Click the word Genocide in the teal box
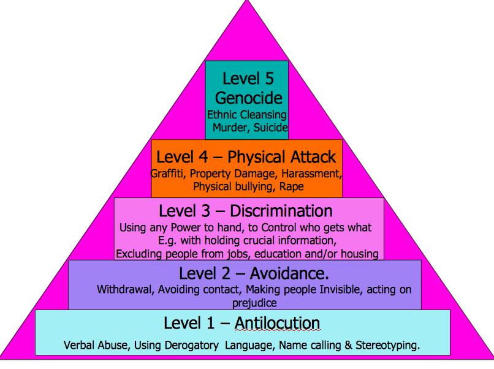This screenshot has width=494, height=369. [x=249, y=99]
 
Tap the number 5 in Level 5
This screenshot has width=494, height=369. [x=269, y=78]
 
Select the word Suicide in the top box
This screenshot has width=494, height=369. [x=270, y=127]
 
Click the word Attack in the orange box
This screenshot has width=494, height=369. [x=313, y=157]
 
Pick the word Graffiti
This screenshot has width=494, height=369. [x=167, y=173]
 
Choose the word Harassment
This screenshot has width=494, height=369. [x=311, y=173]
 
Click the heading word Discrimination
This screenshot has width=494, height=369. [x=281, y=211]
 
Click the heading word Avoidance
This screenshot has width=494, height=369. [x=289, y=273]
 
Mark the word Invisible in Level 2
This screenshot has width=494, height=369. [x=341, y=289]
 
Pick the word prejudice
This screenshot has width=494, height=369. [x=254, y=303]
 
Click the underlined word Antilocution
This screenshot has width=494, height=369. [x=277, y=323]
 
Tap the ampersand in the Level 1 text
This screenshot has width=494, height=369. [x=348, y=345]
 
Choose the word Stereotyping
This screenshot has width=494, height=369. [x=387, y=346]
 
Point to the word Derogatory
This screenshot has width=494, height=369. [x=192, y=346]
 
